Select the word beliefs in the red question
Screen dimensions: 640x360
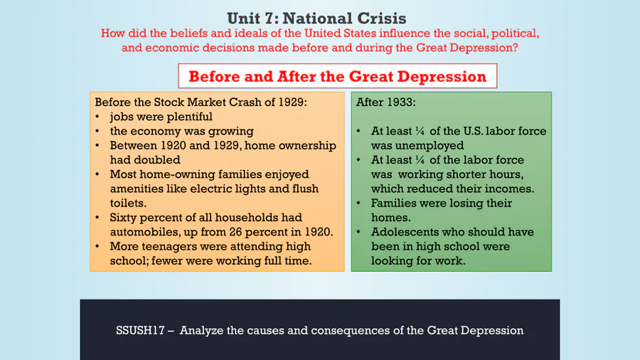[190, 33]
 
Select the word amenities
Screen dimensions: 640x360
[137, 189]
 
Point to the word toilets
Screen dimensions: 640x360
[128, 203]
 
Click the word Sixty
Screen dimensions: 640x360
[124, 218]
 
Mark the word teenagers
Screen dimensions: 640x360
[165, 247]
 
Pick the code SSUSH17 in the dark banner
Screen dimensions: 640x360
[140, 330]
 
